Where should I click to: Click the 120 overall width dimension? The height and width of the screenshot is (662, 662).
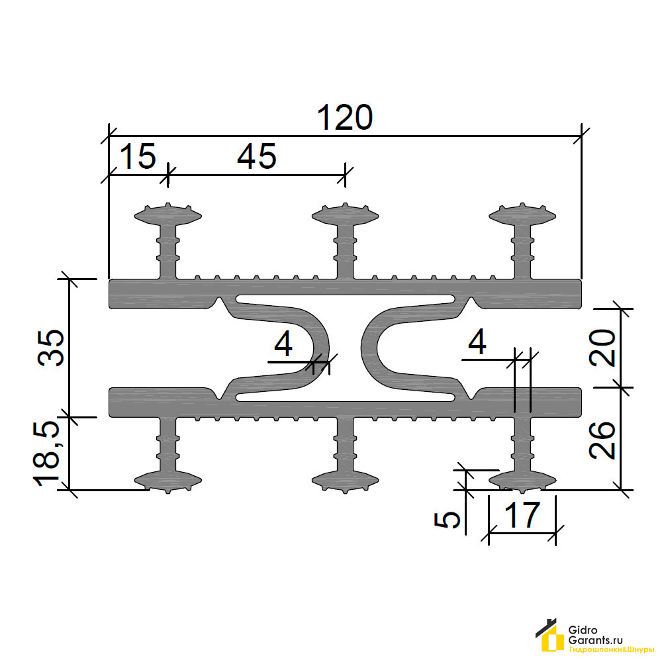[x=344, y=117]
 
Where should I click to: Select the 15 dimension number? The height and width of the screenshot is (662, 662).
[x=138, y=156]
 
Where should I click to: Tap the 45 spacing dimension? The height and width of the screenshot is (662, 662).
[x=257, y=156]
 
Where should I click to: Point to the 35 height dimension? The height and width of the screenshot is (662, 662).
[x=51, y=347]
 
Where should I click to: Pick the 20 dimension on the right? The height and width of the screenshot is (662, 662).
[x=602, y=348]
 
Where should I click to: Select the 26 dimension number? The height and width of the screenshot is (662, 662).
[x=602, y=440]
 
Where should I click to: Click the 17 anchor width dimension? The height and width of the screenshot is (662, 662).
[x=522, y=514]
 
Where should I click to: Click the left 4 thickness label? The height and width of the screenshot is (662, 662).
[x=283, y=344]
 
